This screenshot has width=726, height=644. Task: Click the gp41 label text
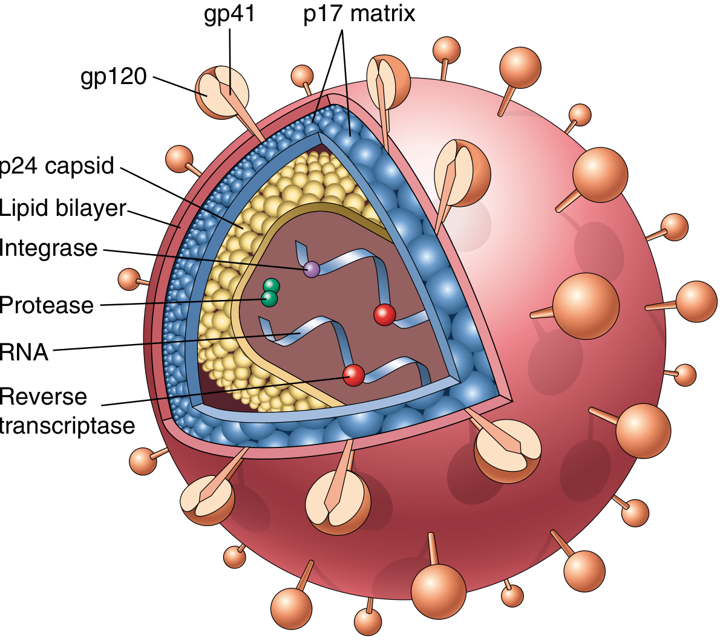coord(229,15)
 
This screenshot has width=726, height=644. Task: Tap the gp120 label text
coord(114,77)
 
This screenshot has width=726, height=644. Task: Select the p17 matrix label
coord(359,15)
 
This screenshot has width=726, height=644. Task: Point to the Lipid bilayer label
coord(63,208)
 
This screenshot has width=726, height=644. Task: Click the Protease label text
coord(47,305)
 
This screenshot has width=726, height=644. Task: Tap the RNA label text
coord(24,352)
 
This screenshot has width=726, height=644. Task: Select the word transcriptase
coord(67,426)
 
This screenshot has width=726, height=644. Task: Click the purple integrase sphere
coord(312,269)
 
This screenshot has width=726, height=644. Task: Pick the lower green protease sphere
coord(269,298)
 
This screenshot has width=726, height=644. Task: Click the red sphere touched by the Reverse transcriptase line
coord(354,375)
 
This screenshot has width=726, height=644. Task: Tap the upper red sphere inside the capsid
coord(385,315)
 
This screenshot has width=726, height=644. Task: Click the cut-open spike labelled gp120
coord(222,93)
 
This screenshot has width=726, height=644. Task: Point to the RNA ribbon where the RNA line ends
coord(300,333)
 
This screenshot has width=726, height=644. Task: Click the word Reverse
coord(44,397)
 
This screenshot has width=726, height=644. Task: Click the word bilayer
coord(91,208)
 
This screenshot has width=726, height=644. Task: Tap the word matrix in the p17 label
coord(383,15)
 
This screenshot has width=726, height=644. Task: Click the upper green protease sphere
coord(271,286)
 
